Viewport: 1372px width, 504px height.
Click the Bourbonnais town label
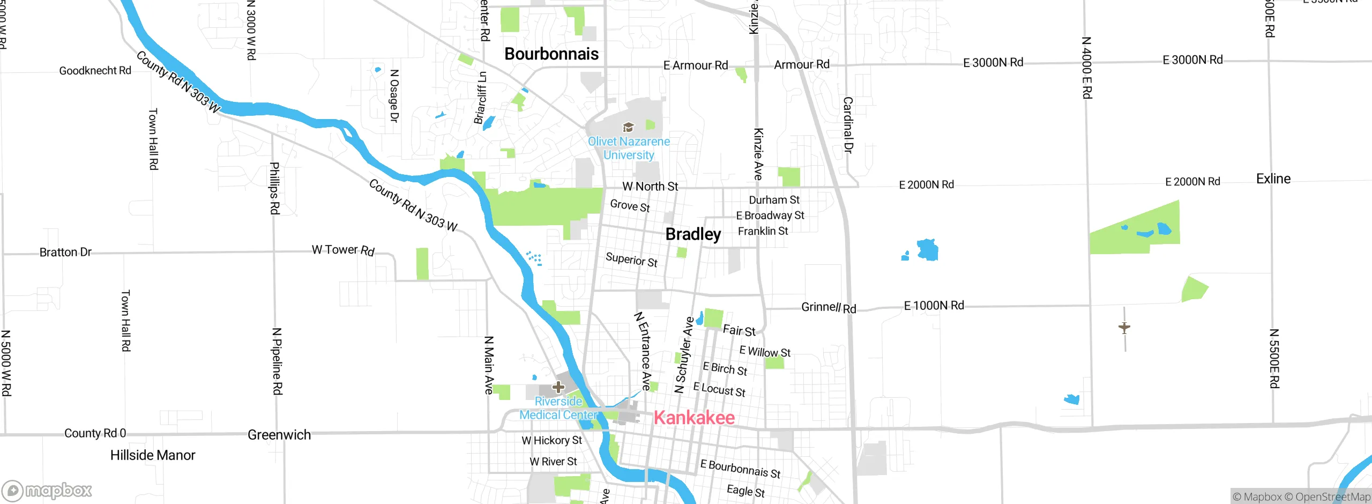tap(551, 54)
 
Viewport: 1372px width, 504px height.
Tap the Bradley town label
tap(693, 234)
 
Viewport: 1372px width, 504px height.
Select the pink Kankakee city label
tap(694, 418)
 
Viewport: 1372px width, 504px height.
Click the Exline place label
tap(1273, 179)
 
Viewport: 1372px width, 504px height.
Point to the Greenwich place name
tap(279, 435)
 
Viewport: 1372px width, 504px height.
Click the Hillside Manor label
tap(153, 455)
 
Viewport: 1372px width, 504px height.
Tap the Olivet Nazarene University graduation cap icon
tap(628, 127)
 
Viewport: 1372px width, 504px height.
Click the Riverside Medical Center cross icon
tap(558, 387)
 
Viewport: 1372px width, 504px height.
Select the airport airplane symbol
tap(1124, 327)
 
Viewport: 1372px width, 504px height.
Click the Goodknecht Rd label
tap(95, 71)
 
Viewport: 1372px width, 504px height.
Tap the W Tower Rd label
tap(343, 250)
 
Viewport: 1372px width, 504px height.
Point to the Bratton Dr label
tap(65, 252)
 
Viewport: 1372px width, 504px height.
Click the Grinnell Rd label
tap(829, 308)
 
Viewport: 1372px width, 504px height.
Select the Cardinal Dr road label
tap(848, 125)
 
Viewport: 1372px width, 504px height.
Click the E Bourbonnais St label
tap(740, 469)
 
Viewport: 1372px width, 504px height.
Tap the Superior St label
tap(631, 260)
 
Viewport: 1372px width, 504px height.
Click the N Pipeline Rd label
tap(277, 361)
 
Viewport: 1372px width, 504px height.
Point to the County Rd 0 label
tap(95, 433)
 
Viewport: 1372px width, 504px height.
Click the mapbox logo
tap(47, 490)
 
